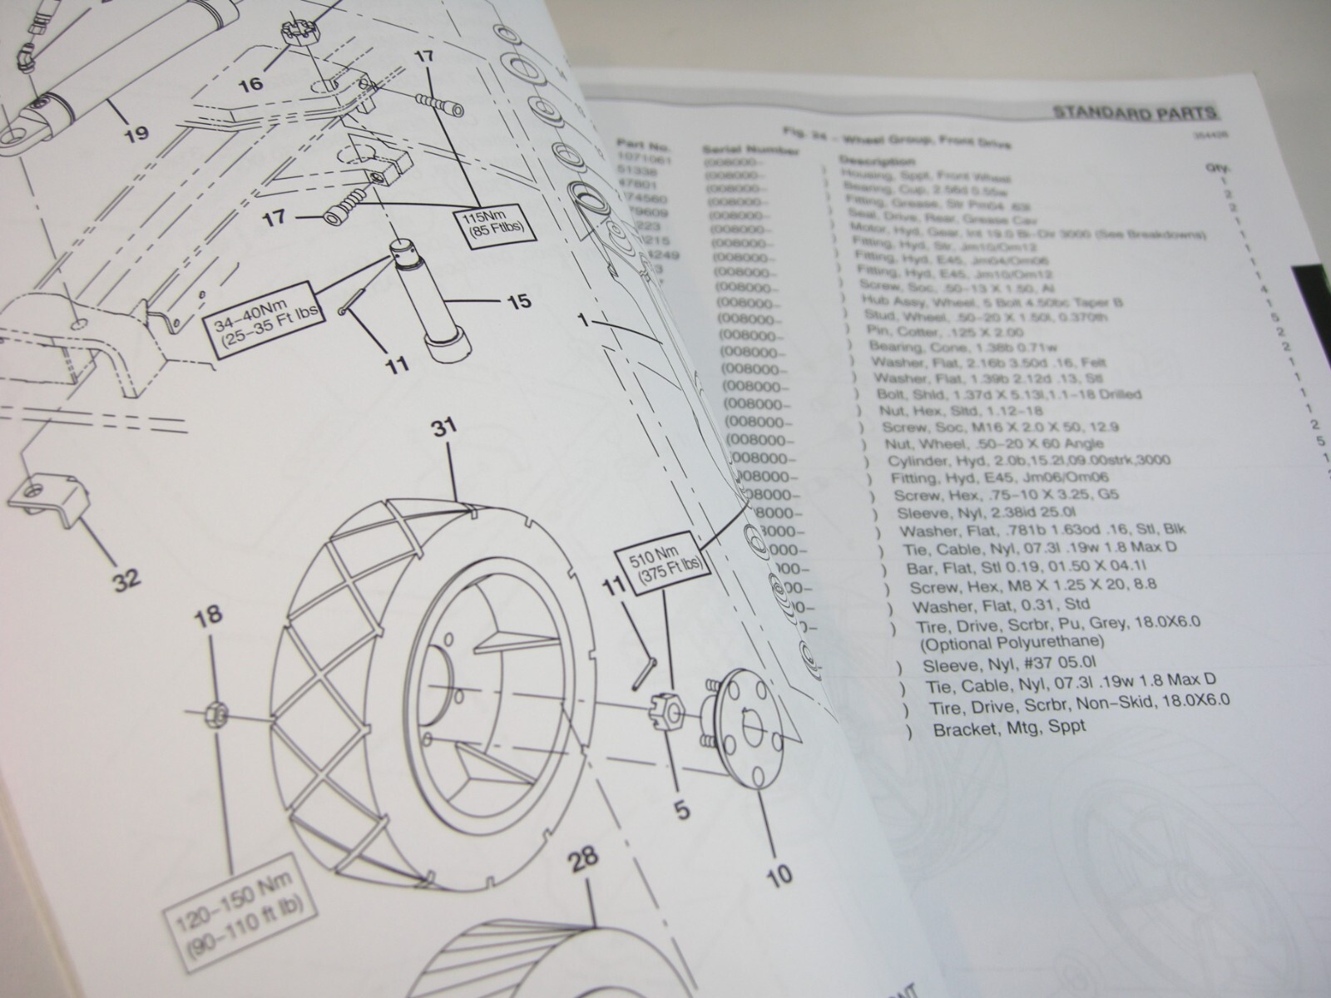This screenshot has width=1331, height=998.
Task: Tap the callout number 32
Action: point(126,576)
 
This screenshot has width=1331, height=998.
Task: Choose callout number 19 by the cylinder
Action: point(136,132)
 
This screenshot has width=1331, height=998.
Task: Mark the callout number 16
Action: point(250,84)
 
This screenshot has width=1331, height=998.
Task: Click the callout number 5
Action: point(682,808)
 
